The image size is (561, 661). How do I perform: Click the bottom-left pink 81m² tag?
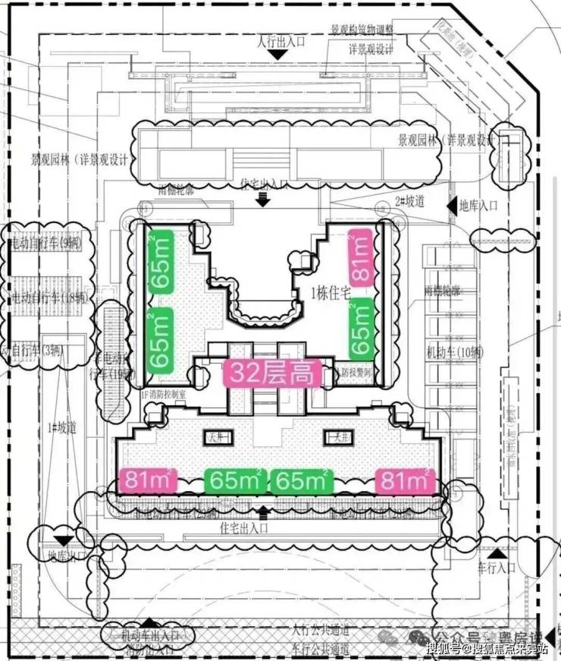point(148,480)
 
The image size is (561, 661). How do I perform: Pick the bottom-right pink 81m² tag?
point(406,480)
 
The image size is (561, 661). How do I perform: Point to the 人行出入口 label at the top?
point(280,41)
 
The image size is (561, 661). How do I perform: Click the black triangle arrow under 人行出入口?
point(280,55)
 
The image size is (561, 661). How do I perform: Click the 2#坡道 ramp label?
point(409,203)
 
